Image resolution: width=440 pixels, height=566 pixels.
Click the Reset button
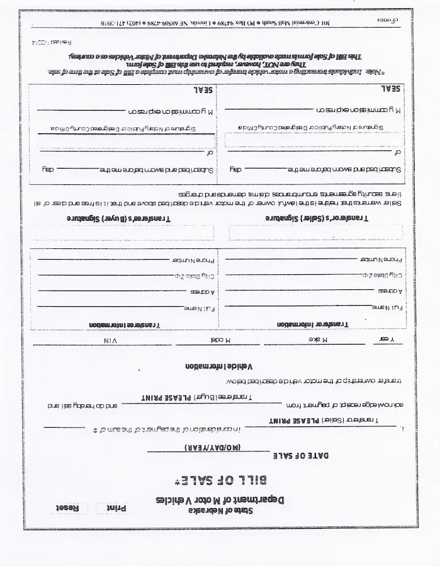click(68, 508)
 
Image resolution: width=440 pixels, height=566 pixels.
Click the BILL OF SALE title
click(220, 481)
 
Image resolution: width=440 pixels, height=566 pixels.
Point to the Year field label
click(392, 340)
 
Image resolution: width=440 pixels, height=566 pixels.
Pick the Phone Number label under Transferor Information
click(380, 259)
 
